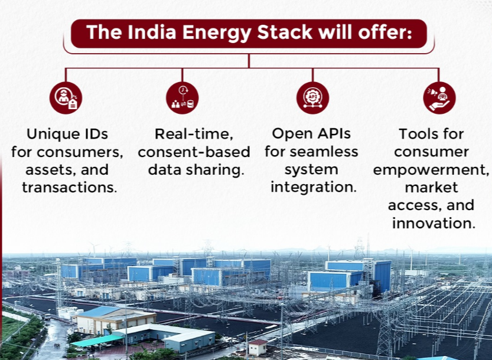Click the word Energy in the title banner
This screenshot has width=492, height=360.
217,33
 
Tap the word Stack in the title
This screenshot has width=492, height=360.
285,32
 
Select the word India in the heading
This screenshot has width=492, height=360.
152,32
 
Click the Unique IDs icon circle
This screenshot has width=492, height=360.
66,98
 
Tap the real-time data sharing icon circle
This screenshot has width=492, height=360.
183,98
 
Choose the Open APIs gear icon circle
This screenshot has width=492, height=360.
312,98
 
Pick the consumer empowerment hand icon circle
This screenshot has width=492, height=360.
439,98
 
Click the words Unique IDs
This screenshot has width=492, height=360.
67,134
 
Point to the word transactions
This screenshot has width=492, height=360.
70,188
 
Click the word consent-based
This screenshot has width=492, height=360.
194,152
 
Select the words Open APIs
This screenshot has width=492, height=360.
311,133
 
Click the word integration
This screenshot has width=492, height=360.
314,188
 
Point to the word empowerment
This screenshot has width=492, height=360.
431,171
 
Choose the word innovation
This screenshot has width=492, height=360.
434,223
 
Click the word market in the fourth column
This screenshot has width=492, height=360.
431,188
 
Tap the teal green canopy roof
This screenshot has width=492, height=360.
97,341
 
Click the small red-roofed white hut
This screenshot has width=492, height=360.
258,347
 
